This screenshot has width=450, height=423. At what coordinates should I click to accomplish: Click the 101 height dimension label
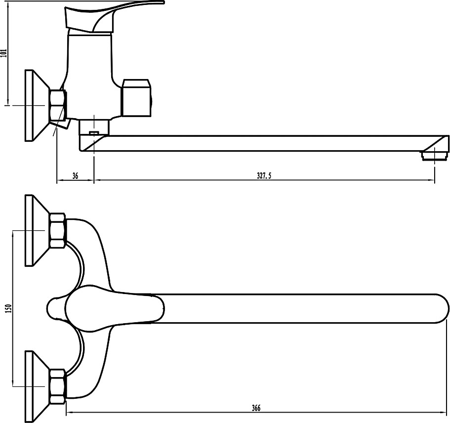point(4,53)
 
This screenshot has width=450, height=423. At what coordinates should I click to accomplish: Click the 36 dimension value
point(75,176)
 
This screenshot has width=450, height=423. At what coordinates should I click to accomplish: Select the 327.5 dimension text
point(264,176)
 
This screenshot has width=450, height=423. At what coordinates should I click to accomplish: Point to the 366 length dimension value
point(256,408)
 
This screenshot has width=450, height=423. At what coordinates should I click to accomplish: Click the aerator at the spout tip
point(434,155)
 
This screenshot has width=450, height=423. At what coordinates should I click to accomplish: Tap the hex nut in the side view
point(58,105)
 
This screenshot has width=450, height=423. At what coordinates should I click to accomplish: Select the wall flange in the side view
point(36,105)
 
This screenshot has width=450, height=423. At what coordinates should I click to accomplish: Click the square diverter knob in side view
point(136,98)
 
